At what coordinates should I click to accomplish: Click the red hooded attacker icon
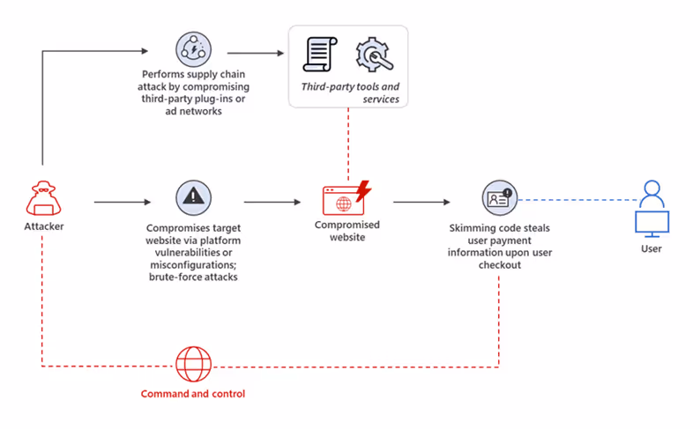point(43,198)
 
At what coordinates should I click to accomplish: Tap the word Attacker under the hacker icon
point(43,227)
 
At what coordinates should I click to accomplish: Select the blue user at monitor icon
point(652,208)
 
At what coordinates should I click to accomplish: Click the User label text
point(652,249)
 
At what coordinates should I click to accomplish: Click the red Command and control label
point(193,394)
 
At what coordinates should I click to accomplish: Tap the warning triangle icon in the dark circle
point(193,199)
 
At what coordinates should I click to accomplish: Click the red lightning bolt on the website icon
point(361,189)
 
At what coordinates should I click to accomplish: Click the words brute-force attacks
point(194,277)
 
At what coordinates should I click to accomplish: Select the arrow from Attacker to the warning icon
point(123,202)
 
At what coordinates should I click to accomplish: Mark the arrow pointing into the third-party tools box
point(260,51)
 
